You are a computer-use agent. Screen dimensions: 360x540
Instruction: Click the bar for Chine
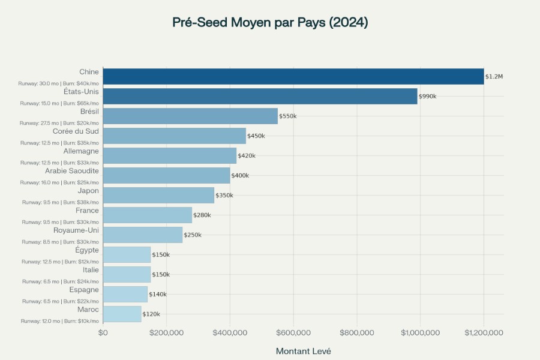tap(293, 76)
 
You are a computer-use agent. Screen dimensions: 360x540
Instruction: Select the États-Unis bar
tap(260, 96)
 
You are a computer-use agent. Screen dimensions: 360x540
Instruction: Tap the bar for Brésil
tap(190, 116)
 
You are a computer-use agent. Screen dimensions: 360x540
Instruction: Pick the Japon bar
tap(158, 195)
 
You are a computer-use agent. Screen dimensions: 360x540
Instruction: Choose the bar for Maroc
tap(122, 314)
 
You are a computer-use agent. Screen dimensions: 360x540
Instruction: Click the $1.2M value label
tap(494, 77)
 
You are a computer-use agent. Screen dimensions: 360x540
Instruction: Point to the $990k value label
tap(428, 97)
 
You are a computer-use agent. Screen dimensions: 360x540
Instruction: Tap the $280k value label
tap(202, 215)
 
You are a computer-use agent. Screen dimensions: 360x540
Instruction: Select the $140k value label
tap(158, 295)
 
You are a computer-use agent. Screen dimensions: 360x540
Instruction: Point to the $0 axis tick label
tap(103, 332)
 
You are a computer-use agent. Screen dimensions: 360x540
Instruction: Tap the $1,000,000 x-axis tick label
tap(421, 332)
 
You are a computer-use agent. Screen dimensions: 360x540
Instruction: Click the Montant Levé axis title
tap(303, 351)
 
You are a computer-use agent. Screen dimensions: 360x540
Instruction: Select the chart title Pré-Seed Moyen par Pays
tap(270, 23)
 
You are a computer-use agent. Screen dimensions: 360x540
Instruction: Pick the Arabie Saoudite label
tap(72, 171)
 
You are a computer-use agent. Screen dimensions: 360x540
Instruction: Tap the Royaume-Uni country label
tap(76, 230)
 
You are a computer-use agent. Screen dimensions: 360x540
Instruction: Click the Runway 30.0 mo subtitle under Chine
tap(59, 83)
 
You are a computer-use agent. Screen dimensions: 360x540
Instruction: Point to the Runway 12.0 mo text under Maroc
tap(60, 321)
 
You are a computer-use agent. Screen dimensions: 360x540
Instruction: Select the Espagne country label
tap(84, 290)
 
